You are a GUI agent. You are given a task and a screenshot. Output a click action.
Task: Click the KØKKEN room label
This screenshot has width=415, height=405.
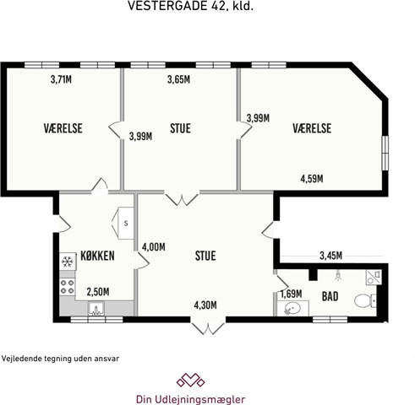pyautogui.click(x=97, y=256)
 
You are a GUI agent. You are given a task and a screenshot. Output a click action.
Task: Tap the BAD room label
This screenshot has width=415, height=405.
pyautogui.click(x=330, y=296)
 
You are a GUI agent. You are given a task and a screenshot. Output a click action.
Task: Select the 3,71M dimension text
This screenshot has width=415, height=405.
pyautogui.click(x=61, y=79)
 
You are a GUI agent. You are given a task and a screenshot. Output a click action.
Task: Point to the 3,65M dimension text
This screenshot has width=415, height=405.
pyautogui.click(x=178, y=79)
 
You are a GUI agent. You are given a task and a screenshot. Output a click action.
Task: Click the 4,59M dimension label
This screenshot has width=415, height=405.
pyautogui.click(x=312, y=179)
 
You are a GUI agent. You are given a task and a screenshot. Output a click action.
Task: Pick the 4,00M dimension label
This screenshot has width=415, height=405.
pyautogui.click(x=154, y=247)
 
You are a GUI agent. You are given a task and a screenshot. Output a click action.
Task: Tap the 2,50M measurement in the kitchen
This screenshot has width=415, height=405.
pyautogui.click(x=98, y=292)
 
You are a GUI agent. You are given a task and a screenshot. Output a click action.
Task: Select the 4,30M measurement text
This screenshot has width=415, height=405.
pyautogui.click(x=205, y=305)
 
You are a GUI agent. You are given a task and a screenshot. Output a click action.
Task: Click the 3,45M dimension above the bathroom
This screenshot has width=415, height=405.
pyautogui.click(x=331, y=256)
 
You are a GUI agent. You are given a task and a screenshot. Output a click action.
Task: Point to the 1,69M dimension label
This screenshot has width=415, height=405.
pyautogui.click(x=291, y=294)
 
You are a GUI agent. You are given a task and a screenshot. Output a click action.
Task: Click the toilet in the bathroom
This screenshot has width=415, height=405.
pyautogui.click(x=365, y=300)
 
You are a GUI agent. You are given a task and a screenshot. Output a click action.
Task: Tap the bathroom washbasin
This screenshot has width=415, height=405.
pyautogui.click(x=292, y=308)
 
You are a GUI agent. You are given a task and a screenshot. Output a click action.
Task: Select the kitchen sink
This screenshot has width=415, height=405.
pyautogui.click(x=96, y=309)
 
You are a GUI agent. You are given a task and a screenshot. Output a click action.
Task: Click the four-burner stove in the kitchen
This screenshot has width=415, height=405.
pyautogui.click(x=68, y=287)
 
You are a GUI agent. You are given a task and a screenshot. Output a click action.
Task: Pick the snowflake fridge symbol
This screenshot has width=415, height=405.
pyautogui.click(x=68, y=262)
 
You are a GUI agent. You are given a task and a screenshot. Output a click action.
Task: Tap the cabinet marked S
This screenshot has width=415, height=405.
pyautogui.click(x=126, y=224)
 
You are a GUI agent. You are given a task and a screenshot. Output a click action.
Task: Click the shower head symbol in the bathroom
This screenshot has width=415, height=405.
pyautogui.click(x=338, y=276)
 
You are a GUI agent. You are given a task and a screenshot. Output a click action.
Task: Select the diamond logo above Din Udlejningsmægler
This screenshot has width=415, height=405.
pyautogui.click(x=190, y=380)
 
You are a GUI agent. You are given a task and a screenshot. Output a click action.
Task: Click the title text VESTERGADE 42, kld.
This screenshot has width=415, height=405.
pyautogui.click(x=191, y=6)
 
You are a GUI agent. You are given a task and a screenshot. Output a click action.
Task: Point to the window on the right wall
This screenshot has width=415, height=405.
pyautogui.click(x=385, y=154)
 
